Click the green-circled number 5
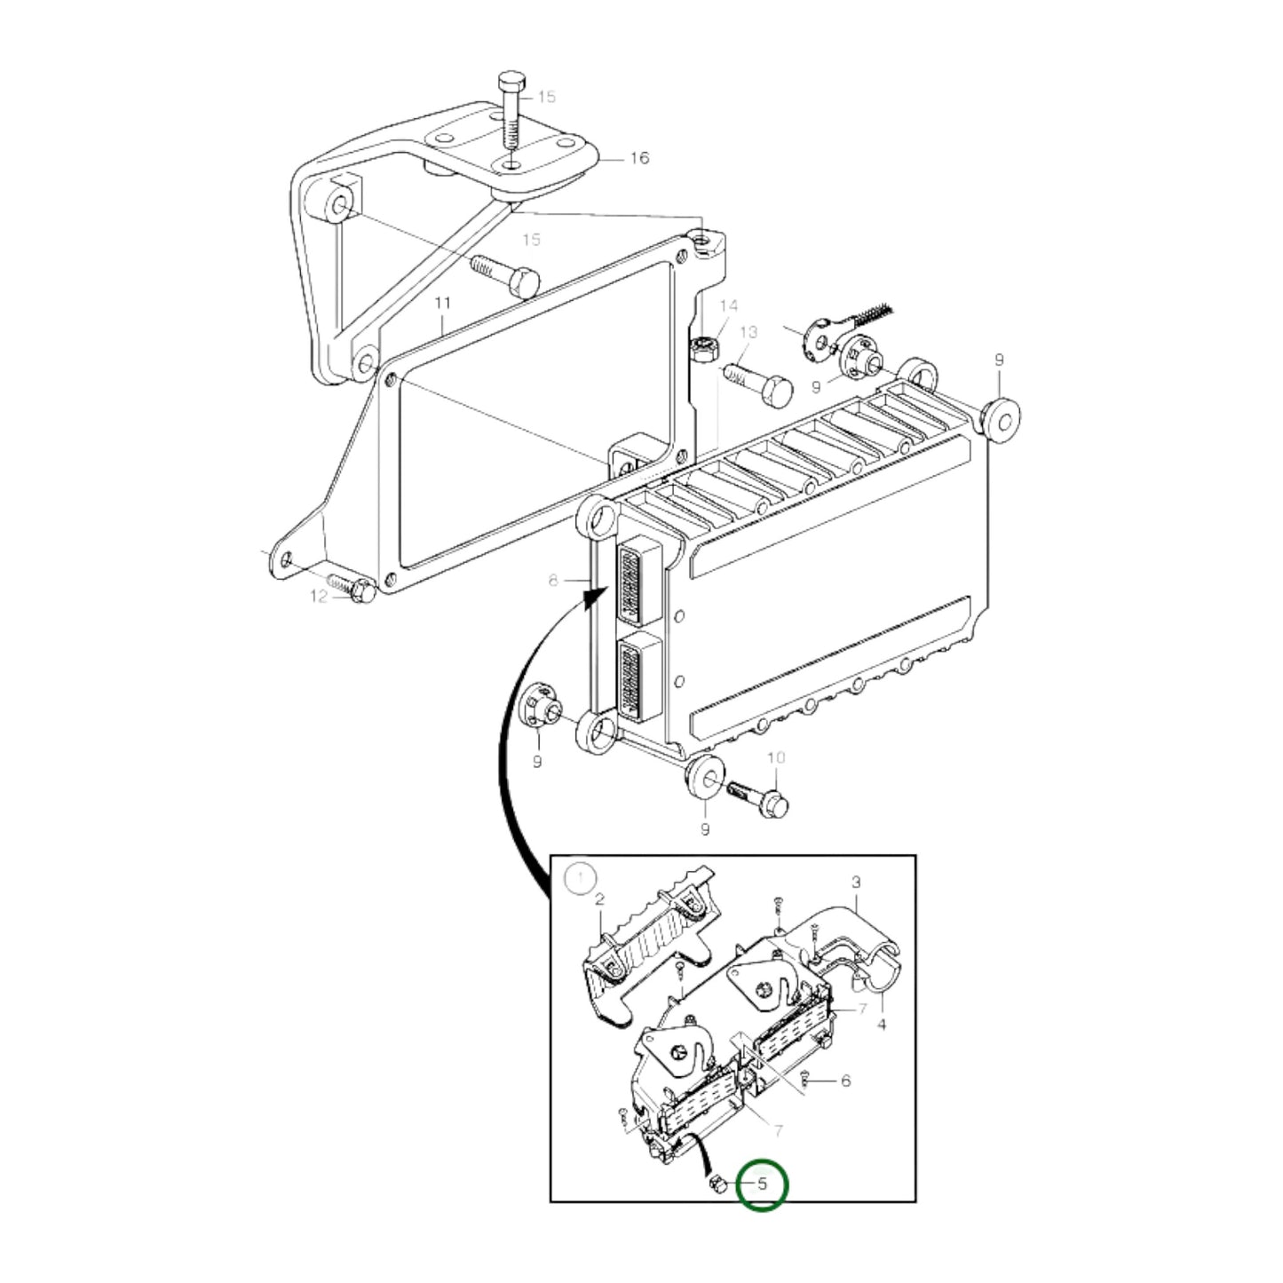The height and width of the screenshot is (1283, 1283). pos(762,1184)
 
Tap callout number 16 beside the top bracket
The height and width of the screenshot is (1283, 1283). pos(639,158)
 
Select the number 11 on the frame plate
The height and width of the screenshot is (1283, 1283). pos(442,304)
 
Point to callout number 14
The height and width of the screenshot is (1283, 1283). pos(728,306)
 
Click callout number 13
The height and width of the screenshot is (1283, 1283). pos(748,332)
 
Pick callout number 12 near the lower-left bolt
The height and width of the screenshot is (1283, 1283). pos(319,597)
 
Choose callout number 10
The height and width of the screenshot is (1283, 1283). pos(776,757)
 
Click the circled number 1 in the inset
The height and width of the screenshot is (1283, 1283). pos(581,879)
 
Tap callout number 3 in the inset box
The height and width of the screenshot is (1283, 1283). pos(856,883)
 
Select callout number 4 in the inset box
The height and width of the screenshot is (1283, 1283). pos(881,1025)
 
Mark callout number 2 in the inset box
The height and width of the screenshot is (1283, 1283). pos(599,899)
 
